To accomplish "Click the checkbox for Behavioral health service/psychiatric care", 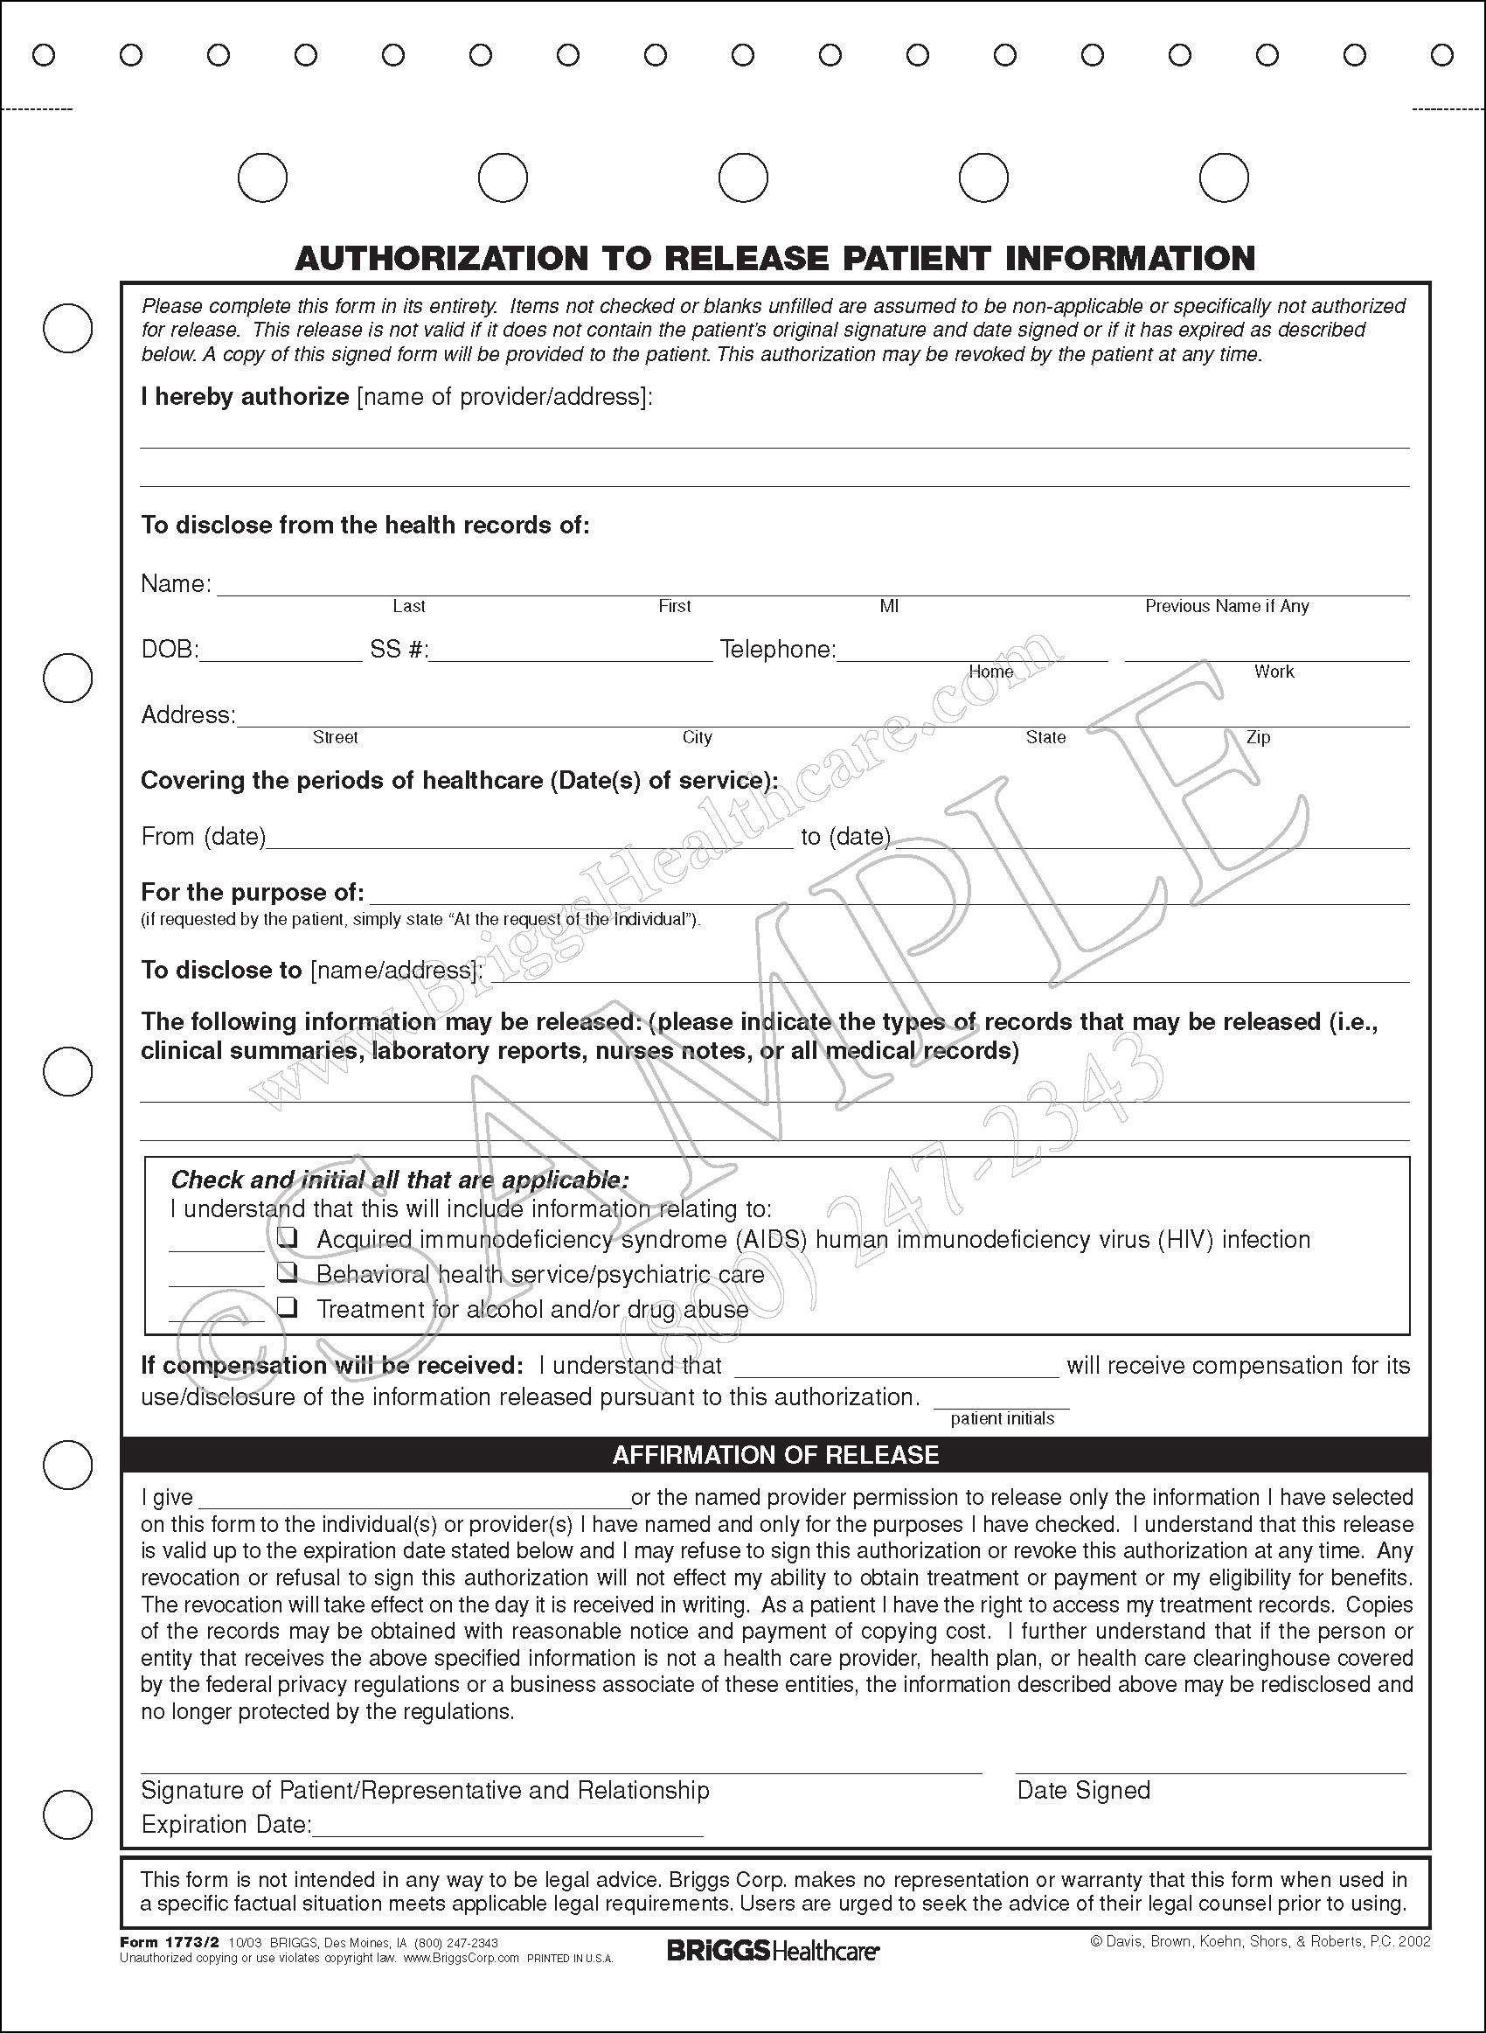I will click(287, 1272).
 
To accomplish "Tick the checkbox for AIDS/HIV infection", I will click(287, 1238).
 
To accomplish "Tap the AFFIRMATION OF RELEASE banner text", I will click(774, 1456).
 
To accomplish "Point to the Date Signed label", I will click(1083, 1790).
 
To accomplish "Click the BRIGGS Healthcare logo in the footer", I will click(773, 1950).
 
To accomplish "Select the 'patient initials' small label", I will click(1002, 1418).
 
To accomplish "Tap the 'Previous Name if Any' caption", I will click(1226, 606).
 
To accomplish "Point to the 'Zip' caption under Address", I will click(1258, 738).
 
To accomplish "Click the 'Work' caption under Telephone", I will click(1274, 672).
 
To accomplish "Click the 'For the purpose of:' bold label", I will click(252, 893).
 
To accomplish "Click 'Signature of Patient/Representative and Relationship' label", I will click(425, 1790).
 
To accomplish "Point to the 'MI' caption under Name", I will click(889, 606).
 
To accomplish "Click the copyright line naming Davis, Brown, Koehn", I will click(1260, 1942).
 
